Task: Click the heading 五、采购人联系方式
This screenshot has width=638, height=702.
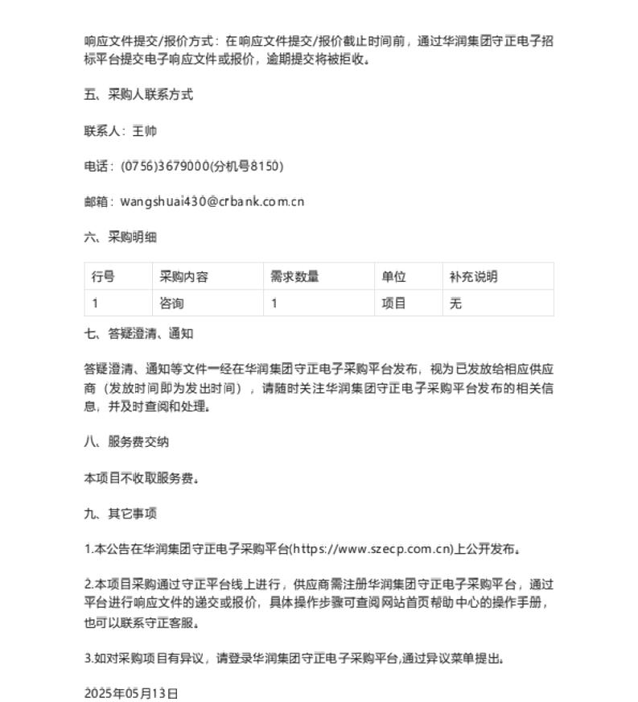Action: point(138,94)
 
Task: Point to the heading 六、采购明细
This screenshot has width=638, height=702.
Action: point(120,237)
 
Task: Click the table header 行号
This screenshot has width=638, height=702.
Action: point(103,276)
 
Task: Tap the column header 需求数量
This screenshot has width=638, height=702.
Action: point(294,276)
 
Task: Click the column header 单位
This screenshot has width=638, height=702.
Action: point(393,276)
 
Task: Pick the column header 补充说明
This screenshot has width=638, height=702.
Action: point(473,276)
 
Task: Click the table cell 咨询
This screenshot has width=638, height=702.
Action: point(172,304)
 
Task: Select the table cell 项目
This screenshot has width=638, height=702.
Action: point(393,304)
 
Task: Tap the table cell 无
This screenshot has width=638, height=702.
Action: point(455,304)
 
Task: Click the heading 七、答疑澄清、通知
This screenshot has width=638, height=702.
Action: point(138,333)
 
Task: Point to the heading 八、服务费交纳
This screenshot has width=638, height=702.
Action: point(126,441)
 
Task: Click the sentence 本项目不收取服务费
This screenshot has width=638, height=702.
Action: point(140,477)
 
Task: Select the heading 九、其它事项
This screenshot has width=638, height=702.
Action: point(120,513)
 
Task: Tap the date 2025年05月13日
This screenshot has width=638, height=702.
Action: point(131,692)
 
